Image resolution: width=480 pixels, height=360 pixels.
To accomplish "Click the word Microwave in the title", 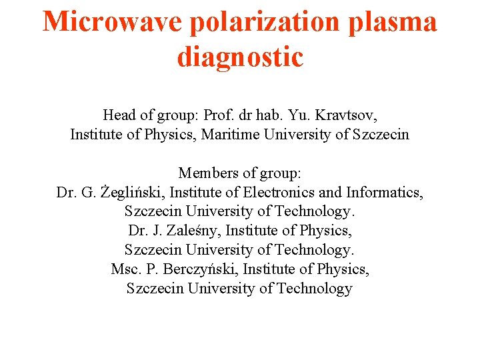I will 112,22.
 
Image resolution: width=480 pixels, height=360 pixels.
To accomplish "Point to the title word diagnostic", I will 240,57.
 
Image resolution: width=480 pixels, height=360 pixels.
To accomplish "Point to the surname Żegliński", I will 133,193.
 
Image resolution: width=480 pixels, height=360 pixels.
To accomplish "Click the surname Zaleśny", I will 189,231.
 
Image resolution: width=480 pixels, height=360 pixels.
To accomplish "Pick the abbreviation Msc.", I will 124,269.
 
